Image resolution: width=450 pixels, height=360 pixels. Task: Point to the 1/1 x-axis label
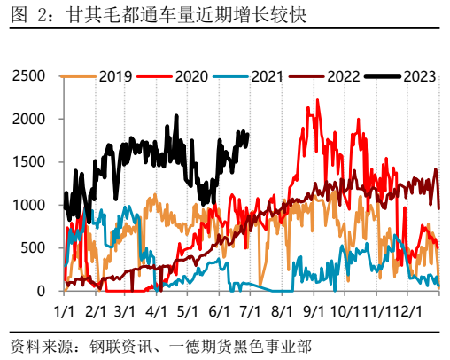click(x=64, y=312)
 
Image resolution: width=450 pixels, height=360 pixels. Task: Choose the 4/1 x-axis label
click(x=157, y=312)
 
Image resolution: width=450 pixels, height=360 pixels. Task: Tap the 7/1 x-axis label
click(x=250, y=312)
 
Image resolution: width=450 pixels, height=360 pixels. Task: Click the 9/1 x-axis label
click(x=313, y=312)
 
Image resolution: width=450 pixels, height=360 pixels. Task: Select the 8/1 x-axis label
click(x=282, y=312)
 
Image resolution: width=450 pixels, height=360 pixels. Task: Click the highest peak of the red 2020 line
click(x=317, y=100)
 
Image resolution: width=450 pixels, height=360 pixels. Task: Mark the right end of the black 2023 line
click(x=247, y=134)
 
